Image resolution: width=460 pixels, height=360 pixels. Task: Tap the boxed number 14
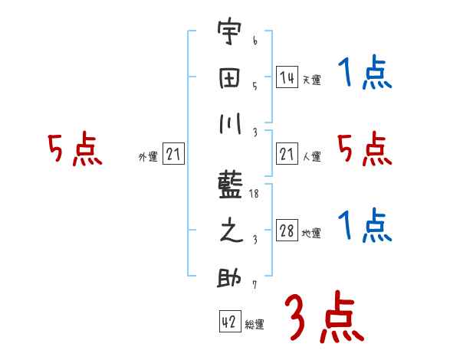287,77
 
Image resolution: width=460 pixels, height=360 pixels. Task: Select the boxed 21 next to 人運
287,155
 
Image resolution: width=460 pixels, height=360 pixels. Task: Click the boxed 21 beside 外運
173,155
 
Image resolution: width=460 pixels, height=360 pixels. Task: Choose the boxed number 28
287,231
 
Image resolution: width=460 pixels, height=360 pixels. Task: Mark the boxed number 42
228,322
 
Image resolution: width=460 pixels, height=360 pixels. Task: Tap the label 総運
255,325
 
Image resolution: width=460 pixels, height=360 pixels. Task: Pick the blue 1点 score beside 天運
365,75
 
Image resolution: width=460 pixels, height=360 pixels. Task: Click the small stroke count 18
255,195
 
